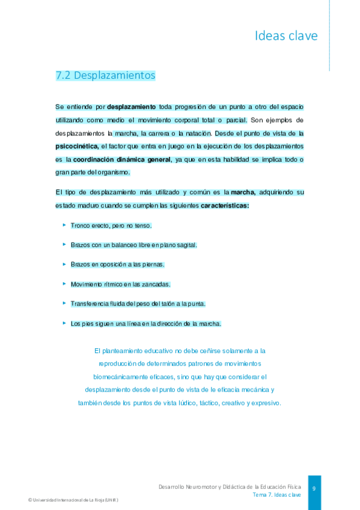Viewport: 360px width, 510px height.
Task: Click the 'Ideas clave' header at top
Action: pyautogui.click(x=286, y=36)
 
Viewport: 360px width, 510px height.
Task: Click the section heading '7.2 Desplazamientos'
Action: pyautogui.click(x=105, y=76)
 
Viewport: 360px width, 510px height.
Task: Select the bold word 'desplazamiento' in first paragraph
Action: pyautogui.click(x=132, y=106)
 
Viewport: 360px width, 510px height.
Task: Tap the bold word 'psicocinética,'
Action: pyautogui.click(x=78, y=146)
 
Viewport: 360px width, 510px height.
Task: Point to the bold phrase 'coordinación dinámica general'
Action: pyautogui.click(x=122, y=159)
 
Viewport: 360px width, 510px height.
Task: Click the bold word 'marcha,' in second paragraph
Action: pyautogui.click(x=244, y=192)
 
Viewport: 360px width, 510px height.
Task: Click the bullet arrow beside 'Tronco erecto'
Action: pyautogui.click(x=64, y=225)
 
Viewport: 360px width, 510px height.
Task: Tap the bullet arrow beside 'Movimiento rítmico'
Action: pyautogui.click(x=64, y=283)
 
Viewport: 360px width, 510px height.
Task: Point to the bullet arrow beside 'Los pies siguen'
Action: pyautogui.click(x=64, y=323)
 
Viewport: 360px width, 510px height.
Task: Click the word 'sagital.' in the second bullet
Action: pyautogui.click(x=186, y=245)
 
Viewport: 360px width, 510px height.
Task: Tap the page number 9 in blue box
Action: pyautogui.click(x=314, y=488)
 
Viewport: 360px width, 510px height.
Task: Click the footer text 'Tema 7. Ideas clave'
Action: pyautogui.click(x=276, y=494)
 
